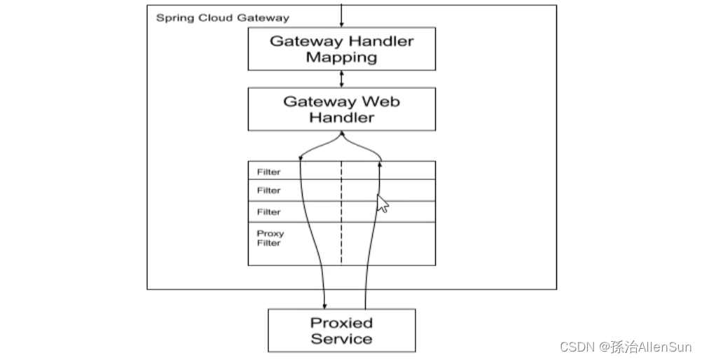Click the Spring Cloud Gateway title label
[222, 18]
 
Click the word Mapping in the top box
[341, 57]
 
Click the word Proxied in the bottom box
[341, 323]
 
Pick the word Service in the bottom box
[341, 339]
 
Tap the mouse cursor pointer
[382, 203]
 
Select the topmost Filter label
[268, 172]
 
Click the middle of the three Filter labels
[268, 191]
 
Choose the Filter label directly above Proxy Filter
[268, 212]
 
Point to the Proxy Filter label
[269, 238]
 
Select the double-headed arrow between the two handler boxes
[341, 78]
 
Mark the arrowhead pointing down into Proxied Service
[324, 305]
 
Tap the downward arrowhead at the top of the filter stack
[301, 159]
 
